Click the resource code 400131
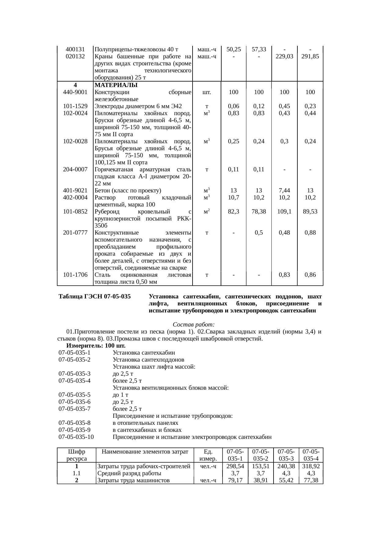(75, 49)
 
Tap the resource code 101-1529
(75, 106)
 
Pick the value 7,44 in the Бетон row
(284, 191)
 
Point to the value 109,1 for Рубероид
(284, 211)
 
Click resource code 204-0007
(75, 170)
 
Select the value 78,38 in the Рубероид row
(259, 211)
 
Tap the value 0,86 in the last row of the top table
(310, 275)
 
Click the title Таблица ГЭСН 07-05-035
(95, 297)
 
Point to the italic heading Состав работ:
(194, 324)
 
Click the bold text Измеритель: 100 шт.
(96, 346)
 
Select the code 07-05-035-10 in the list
(76, 437)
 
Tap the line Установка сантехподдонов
(148, 360)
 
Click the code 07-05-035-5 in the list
(75, 395)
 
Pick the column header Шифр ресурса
(76, 455)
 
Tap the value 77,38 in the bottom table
(311, 480)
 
